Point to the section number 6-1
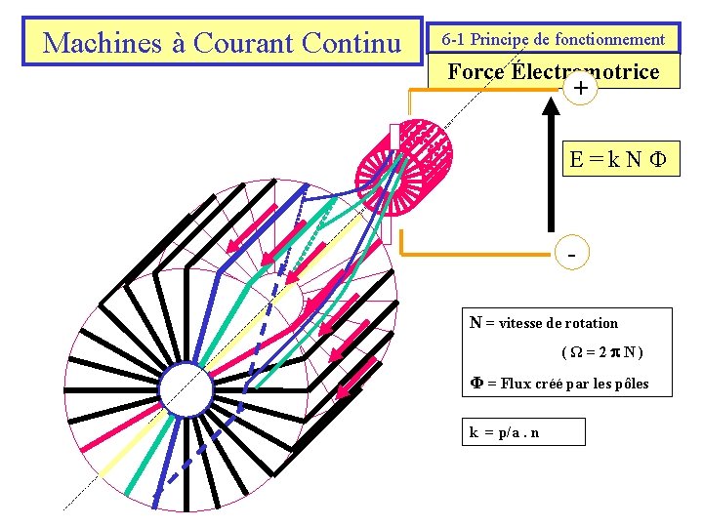pyautogui.click(x=458, y=40)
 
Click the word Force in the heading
pyautogui.click(x=476, y=71)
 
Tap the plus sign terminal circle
pyautogui.click(x=581, y=90)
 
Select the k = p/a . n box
pyautogui.click(x=523, y=432)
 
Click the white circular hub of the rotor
pyautogui.click(x=186, y=388)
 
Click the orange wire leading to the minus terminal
pyautogui.click(x=469, y=256)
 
